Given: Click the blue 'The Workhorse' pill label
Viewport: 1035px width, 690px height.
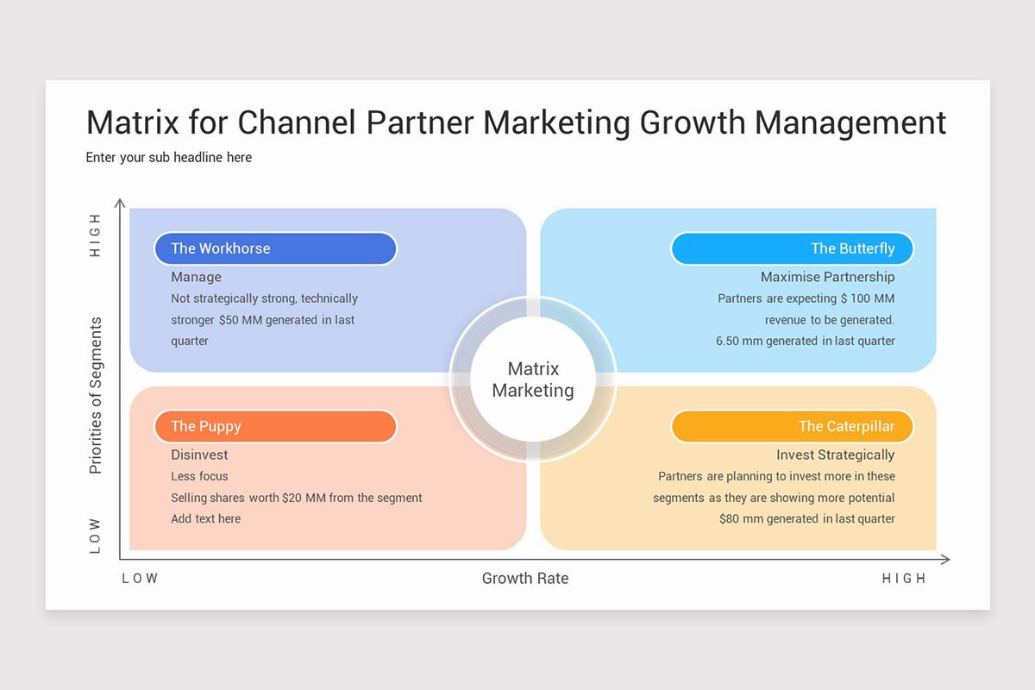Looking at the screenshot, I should point(274,248).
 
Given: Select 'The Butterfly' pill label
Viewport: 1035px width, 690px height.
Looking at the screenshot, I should point(791,248).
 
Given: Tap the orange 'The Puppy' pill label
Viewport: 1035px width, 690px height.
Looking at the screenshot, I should point(274,426).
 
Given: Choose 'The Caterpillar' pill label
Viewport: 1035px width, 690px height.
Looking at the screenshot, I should point(791,426).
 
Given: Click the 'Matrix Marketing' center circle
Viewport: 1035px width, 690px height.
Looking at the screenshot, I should point(533,379).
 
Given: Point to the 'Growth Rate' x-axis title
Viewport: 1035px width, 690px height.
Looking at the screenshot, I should point(524,579).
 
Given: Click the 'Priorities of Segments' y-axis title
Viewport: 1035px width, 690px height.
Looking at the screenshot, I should point(96,396).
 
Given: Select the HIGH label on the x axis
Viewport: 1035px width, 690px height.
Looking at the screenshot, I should point(903,579).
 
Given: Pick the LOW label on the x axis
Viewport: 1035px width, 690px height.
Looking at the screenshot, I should point(140,579).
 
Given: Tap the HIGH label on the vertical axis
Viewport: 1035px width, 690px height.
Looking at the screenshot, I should point(96,235).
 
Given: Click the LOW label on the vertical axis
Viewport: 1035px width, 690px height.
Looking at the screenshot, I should point(96,536).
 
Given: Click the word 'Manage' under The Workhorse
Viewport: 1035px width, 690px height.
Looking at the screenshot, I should point(196,277).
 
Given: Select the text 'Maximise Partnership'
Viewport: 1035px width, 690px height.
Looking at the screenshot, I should point(827,277).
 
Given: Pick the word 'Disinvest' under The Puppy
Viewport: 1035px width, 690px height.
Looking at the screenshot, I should point(199,455).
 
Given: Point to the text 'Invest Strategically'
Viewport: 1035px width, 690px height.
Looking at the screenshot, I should point(835,455).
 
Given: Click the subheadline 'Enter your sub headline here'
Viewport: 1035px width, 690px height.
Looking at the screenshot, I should point(169,158).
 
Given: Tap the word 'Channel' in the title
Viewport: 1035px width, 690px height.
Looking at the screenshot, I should point(297,123).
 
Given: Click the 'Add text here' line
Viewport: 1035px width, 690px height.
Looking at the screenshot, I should point(205,518).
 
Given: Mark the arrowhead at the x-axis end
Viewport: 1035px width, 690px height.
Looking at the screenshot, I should point(946,560).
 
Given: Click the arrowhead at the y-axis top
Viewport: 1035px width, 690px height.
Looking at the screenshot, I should point(121,204).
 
